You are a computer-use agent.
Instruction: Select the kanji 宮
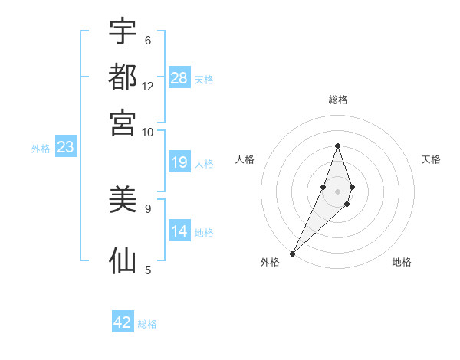(x=123, y=123)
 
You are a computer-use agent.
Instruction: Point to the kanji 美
(x=123, y=201)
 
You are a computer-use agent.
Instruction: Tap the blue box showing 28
(x=179, y=78)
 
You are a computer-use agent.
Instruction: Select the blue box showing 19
(x=179, y=162)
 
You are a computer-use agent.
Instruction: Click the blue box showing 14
(x=179, y=231)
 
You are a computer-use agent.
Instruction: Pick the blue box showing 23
(x=65, y=148)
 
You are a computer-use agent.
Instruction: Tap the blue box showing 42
(x=123, y=322)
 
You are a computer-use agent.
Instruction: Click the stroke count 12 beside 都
(x=148, y=86)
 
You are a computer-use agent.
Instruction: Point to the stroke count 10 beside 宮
(x=148, y=132)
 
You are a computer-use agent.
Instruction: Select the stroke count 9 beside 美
(x=147, y=208)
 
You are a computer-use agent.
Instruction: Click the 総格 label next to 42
(x=147, y=324)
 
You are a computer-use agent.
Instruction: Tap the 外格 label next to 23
(x=41, y=149)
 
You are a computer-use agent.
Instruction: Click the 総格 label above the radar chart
(x=338, y=100)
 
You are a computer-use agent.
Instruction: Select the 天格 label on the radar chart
(x=432, y=159)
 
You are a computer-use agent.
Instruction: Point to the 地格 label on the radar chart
(x=402, y=262)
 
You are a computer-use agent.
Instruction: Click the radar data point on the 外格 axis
(x=293, y=252)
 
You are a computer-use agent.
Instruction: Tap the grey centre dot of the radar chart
(x=337, y=191)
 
